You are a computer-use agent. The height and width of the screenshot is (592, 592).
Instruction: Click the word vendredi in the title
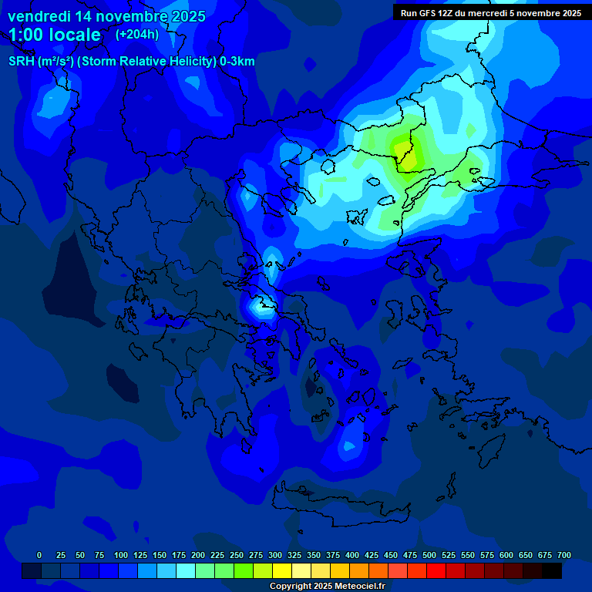[x=39, y=16]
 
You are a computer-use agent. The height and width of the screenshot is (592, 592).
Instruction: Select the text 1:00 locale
[x=55, y=35]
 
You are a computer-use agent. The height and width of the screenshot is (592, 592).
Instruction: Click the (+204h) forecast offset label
[x=137, y=35]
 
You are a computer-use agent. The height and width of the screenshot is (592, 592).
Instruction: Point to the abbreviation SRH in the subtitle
[x=21, y=62]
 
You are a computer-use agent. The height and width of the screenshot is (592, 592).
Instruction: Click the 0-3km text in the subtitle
[x=237, y=62]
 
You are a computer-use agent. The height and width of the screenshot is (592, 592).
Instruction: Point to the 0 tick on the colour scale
[x=39, y=555]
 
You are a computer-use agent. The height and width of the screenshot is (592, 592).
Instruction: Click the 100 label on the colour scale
[x=121, y=555]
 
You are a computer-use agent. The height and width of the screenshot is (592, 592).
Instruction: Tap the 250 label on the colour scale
[x=237, y=555]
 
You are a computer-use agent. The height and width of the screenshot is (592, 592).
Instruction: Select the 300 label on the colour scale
[x=275, y=555]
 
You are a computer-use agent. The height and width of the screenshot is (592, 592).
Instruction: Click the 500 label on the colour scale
[x=429, y=555]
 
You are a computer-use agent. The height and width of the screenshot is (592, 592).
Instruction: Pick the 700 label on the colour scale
[x=564, y=555]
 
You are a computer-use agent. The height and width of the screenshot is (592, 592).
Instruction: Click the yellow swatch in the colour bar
[x=282, y=570]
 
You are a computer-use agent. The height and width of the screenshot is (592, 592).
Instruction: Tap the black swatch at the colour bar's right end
[x=552, y=570]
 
